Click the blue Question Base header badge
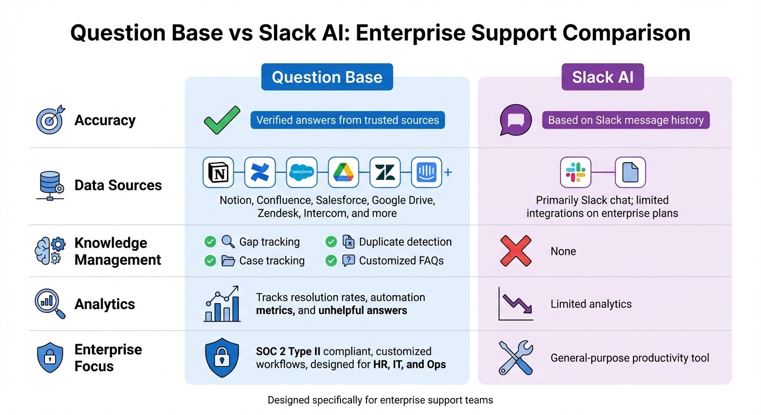327,77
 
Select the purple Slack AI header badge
603,77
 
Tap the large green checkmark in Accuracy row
222,120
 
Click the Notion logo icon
218,172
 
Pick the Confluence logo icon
260,172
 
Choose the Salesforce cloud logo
302,172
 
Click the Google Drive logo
343,172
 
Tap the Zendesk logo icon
385,172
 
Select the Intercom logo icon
426,172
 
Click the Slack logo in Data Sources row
576,172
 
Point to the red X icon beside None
516,251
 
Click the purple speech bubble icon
516,120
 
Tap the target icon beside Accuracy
50,120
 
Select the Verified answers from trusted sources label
348,120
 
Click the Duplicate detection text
405,242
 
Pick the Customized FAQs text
401,260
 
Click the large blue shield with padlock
222,357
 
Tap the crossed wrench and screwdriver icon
516,357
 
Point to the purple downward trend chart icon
516,304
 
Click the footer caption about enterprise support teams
380,400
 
